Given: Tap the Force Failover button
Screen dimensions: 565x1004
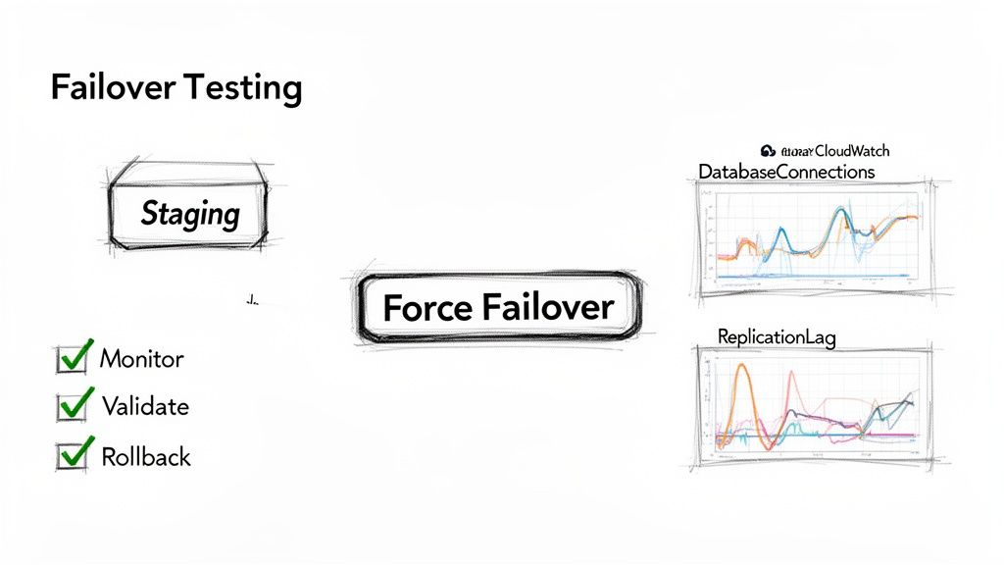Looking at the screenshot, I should [498, 308].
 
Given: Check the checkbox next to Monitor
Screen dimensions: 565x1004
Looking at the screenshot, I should [72, 359].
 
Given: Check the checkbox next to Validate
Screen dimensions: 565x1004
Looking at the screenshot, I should [72, 406].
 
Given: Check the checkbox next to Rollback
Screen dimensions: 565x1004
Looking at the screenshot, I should [72, 455].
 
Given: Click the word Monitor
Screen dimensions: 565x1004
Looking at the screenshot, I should [142, 359].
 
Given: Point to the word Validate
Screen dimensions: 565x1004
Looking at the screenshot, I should [145, 406].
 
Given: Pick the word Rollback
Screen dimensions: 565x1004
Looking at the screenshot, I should [146, 456].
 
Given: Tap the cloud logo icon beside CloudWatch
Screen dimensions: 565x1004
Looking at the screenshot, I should [768, 150].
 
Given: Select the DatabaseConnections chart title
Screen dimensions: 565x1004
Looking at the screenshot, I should [786, 172].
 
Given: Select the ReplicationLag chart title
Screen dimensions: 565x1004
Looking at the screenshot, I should [777, 337].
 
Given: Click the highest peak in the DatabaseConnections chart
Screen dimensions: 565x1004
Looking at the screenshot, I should [842, 210].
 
